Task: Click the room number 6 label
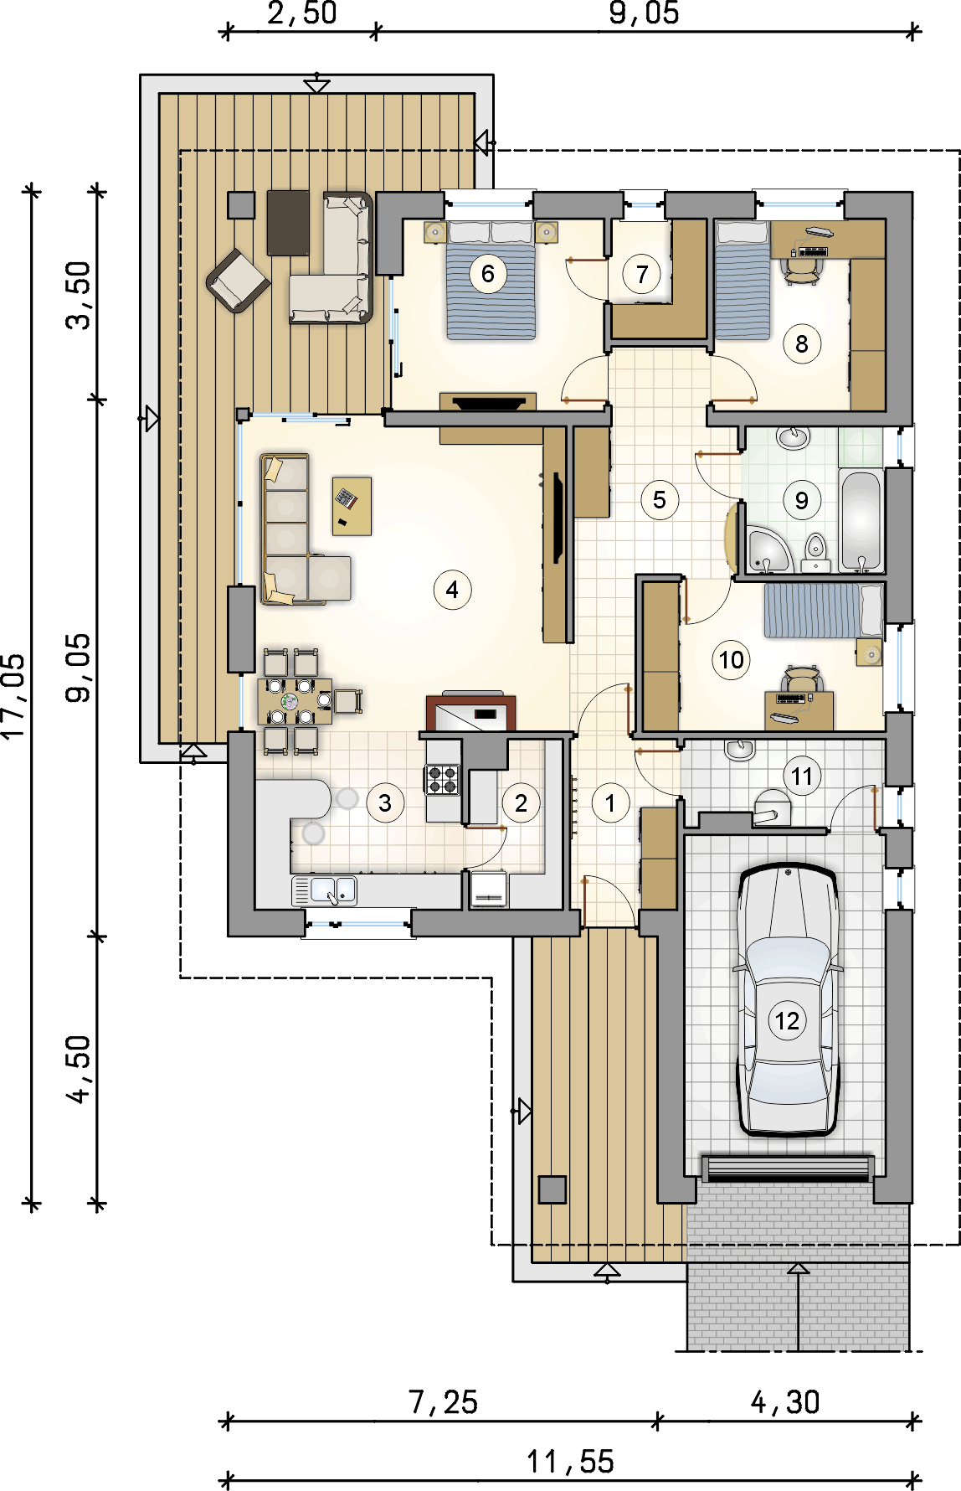coord(488,273)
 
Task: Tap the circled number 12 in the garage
coord(787,1021)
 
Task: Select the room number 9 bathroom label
coord(801,500)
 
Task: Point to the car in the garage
coord(787,999)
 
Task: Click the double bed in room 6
coord(491,280)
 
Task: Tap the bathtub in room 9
coord(861,521)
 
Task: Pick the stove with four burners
coord(443,779)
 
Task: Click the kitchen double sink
coord(333,890)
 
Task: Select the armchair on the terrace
coord(239,281)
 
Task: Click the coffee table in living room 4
coord(352,506)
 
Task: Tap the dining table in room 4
coord(295,702)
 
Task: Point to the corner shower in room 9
coord(767,549)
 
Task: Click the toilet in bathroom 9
coord(815,553)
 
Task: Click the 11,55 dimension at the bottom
coord(571,1462)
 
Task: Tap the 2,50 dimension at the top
coord(302,13)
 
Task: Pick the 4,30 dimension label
coord(785,1402)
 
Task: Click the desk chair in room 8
coord(801,268)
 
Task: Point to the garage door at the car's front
coord(788,1168)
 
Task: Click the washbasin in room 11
coord(740,750)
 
